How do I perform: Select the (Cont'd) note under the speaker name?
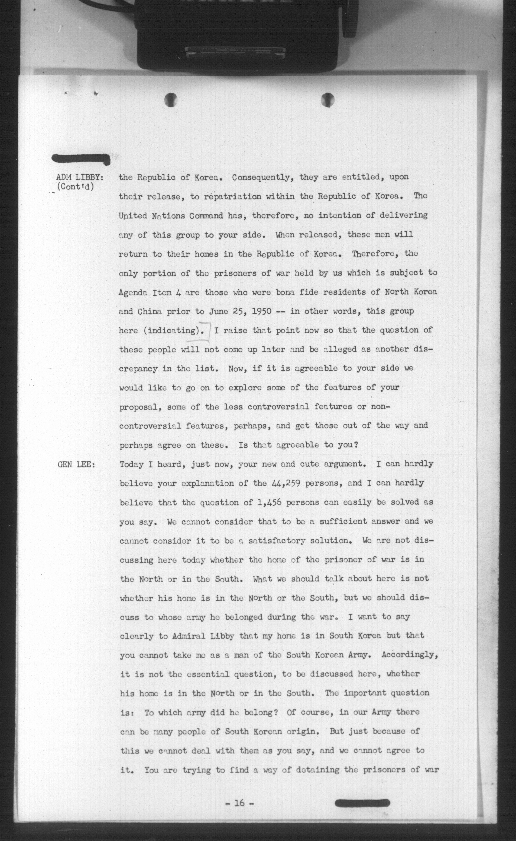[x=76, y=187]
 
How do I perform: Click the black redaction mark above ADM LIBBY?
[x=81, y=159]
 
